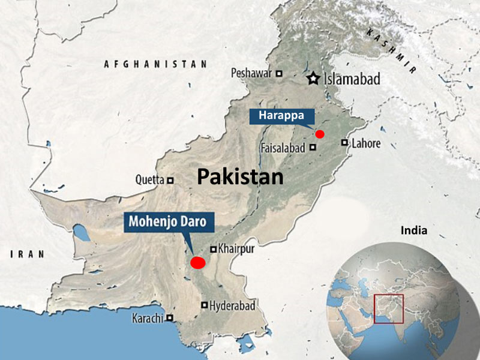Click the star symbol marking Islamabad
tap(313, 79)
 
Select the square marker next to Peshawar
tap(279, 73)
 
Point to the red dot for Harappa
tap(320, 134)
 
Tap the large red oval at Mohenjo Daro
tap(197, 262)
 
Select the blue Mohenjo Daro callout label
tap(169, 222)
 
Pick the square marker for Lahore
tap(344, 143)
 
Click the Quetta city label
tap(150, 179)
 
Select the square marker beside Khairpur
tap(212, 248)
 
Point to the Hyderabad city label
tap(233, 305)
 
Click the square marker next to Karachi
tap(170, 318)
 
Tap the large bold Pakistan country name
tap(240, 176)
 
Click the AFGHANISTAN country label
tap(155, 64)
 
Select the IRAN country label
tap(28, 254)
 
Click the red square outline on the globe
tap(388, 309)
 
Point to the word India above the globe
tap(415, 230)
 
